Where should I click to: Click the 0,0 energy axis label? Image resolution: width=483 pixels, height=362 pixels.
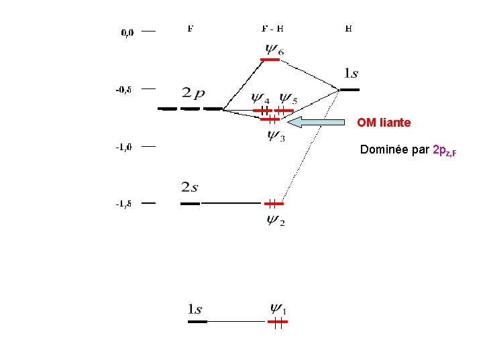click(127, 32)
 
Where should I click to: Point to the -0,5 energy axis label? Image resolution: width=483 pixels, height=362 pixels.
click(123, 88)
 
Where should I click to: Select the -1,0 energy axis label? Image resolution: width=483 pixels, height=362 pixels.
click(123, 147)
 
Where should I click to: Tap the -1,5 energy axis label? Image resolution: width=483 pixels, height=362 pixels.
click(123, 204)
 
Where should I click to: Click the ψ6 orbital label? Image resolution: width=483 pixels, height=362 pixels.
click(274, 49)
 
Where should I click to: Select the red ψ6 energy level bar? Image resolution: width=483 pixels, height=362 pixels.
click(270, 60)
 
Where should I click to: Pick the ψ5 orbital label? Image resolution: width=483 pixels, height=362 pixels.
click(288, 99)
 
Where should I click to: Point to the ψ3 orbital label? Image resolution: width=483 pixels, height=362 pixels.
click(276, 135)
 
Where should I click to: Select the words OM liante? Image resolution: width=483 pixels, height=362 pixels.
click(384, 123)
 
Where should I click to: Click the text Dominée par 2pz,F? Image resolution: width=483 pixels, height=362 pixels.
click(409, 149)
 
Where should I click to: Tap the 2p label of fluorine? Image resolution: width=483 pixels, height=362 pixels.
click(193, 93)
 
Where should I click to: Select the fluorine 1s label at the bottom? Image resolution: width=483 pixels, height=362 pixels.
click(195, 309)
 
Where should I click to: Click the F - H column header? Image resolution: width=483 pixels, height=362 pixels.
click(272, 29)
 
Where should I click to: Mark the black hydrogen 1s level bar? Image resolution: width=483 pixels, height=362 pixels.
click(350, 89)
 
